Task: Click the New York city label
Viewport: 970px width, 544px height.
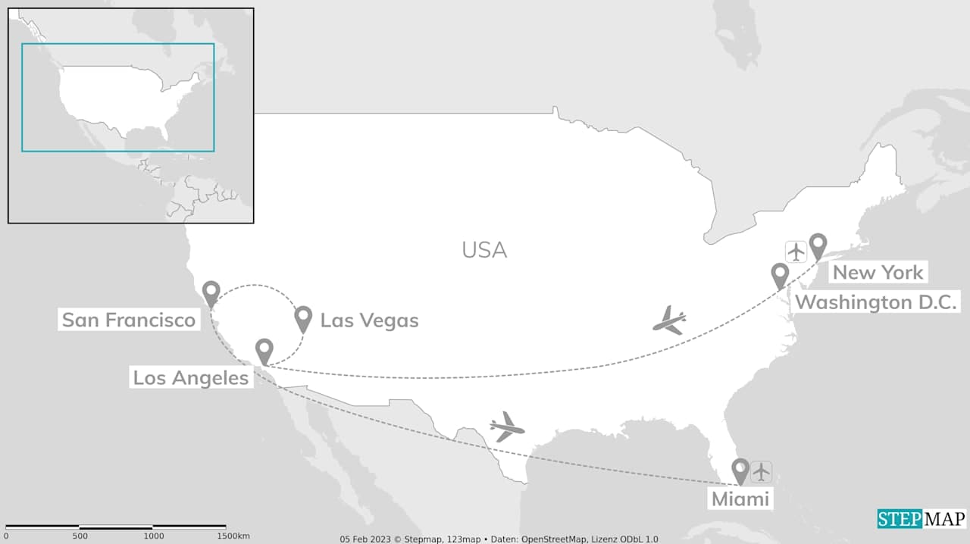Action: (878, 272)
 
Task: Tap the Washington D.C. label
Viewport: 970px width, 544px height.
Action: (877, 302)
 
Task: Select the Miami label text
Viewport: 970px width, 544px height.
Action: (740, 499)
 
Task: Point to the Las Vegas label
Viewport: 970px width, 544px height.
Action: (369, 320)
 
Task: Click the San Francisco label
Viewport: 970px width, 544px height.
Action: (129, 320)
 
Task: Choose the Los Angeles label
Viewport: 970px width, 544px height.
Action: (191, 377)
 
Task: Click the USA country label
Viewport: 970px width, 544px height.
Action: (484, 249)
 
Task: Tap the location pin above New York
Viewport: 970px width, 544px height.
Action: (818, 245)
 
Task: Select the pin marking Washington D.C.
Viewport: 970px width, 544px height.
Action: (780, 275)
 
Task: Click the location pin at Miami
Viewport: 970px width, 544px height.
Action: (740, 471)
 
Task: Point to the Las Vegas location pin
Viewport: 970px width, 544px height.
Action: (303, 318)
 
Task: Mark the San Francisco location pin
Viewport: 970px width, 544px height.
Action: (211, 293)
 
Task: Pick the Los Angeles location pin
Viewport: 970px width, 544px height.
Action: (264, 351)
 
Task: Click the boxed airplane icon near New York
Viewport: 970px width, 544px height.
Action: (796, 251)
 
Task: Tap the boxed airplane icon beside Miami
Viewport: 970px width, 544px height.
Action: (761, 471)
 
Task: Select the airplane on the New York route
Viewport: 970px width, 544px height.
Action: (670, 320)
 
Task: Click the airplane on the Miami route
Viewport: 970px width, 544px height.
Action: (507, 427)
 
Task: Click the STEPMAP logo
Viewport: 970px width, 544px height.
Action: (921, 519)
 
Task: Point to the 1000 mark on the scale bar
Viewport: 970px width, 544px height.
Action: (154, 536)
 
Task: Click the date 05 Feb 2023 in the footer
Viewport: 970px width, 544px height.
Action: (360, 539)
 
